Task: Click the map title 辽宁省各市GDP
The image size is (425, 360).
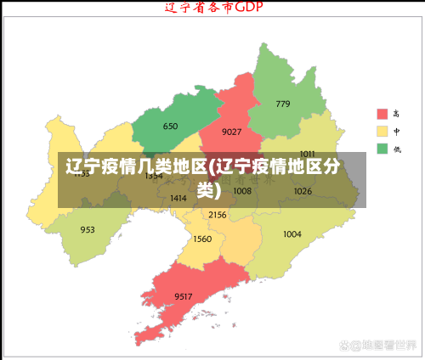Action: (x=212, y=8)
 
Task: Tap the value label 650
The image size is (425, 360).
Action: (x=170, y=127)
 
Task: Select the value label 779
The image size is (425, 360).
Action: (x=283, y=104)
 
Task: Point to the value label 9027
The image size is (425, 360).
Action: (x=231, y=132)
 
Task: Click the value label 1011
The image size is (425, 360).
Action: (x=307, y=154)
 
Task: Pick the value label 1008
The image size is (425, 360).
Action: (x=242, y=191)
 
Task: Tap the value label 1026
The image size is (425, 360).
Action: (x=303, y=191)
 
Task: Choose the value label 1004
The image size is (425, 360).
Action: (x=292, y=234)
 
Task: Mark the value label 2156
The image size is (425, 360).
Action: (x=217, y=215)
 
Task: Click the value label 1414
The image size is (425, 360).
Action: (x=178, y=198)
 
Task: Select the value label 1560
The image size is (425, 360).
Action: (x=202, y=239)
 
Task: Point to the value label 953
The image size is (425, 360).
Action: (x=88, y=230)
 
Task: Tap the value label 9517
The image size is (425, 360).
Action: (x=184, y=295)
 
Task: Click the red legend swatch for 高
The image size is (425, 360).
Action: (x=382, y=114)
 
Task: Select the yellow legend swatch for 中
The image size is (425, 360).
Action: (x=382, y=132)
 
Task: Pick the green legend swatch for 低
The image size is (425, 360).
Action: (x=382, y=149)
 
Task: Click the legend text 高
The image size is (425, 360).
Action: (x=396, y=114)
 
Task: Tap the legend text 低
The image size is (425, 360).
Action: (x=396, y=149)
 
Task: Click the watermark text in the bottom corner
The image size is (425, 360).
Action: (x=377, y=346)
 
